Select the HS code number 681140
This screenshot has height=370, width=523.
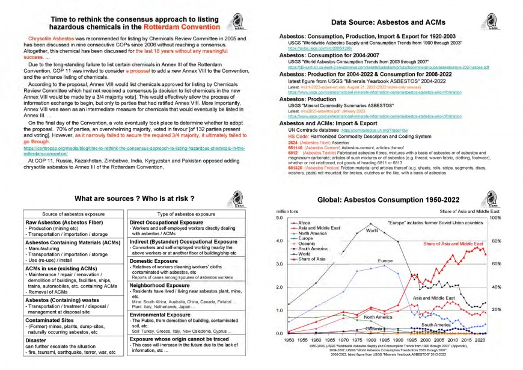295,147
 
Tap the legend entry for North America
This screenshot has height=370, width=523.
313,233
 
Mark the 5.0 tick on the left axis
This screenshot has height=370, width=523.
280,218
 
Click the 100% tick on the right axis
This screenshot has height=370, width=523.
496,218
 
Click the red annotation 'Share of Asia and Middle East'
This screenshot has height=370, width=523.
453,244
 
